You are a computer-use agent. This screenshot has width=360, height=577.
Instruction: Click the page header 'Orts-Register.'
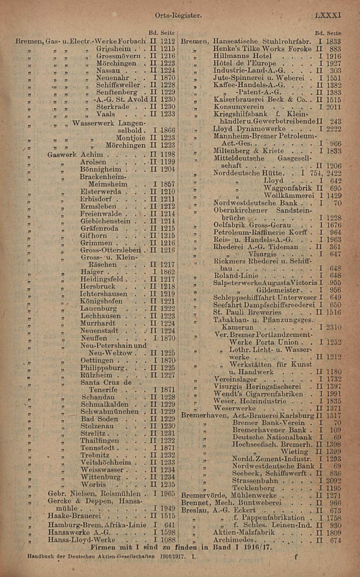click(178, 15)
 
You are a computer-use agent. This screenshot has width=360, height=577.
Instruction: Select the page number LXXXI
click(328, 15)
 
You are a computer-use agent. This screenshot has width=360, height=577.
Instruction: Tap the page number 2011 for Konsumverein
click(334, 107)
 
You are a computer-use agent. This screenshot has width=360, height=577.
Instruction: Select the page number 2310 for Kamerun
click(334, 328)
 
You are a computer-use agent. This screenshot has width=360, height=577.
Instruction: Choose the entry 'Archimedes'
click(235, 540)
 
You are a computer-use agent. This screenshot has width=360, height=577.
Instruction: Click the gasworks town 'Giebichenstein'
click(105, 221)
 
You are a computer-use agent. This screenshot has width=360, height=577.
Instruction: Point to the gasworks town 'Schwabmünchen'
click(109, 411)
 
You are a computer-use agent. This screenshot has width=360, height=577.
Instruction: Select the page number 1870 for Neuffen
click(167, 338)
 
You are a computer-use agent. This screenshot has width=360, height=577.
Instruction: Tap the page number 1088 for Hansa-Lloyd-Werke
click(167, 540)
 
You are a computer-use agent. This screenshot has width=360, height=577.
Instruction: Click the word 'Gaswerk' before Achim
click(62, 154)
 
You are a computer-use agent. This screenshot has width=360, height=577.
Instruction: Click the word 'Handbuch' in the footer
click(41, 556)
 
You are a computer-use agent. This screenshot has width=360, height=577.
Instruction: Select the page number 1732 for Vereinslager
click(334, 379)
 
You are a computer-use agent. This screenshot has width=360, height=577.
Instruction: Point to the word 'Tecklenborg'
click(253, 488)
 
